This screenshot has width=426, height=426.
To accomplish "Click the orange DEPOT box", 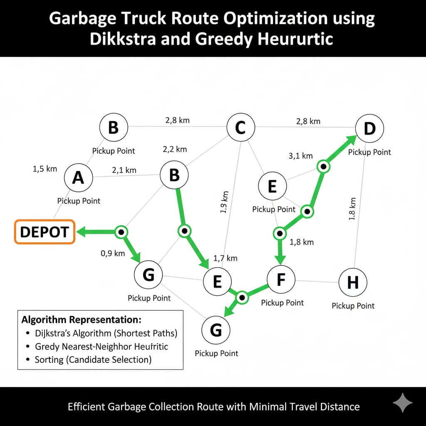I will tap(45, 232).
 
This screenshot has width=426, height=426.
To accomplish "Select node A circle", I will tap(78, 178).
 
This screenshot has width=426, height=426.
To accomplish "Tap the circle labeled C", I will tap(240, 128).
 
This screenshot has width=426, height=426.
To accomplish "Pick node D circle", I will tap(369, 129).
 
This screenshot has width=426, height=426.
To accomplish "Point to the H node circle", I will tap(353, 283).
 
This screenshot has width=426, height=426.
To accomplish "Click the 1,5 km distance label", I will tap(45, 169).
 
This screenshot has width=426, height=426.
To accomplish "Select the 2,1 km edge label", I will tap(124, 170).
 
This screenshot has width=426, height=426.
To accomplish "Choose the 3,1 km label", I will tap(300, 156).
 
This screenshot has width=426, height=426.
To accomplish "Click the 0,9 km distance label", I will tap(112, 253).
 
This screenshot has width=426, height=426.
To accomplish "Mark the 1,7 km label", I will tap(225, 258).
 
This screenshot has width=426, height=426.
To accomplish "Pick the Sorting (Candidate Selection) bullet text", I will tap(93, 359).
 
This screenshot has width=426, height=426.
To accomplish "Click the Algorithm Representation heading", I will tap(82, 320).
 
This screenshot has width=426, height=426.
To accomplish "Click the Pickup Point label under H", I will tap(353, 306).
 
